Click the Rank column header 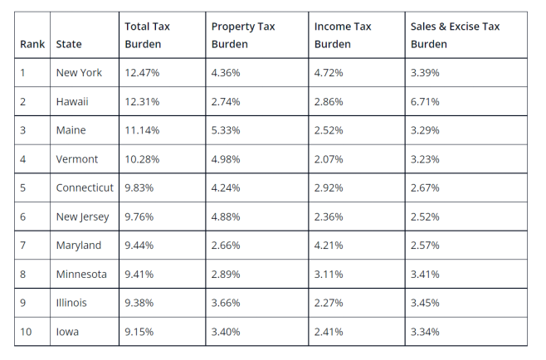pyautogui.click(x=32, y=44)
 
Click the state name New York pyautogui.click(x=79, y=73)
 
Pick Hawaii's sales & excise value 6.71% pyautogui.click(x=425, y=101)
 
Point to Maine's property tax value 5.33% pyautogui.click(x=226, y=130)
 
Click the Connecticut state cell pyautogui.click(x=85, y=187)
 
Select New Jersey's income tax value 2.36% pyautogui.click(x=329, y=216)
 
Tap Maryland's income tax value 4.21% pyautogui.click(x=329, y=246)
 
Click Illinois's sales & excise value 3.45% pyautogui.click(x=425, y=303)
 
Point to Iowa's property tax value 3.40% pyautogui.click(x=226, y=332)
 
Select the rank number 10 pyautogui.click(x=26, y=332)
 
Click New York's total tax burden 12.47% pyautogui.click(x=142, y=73)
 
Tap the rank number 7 pyautogui.click(x=23, y=246)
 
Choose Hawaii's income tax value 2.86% pyautogui.click(x=329, y=101)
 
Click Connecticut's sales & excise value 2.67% pyautogui.click(x=425, y=187)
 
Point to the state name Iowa pyautogui.click(x=68, y=332)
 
